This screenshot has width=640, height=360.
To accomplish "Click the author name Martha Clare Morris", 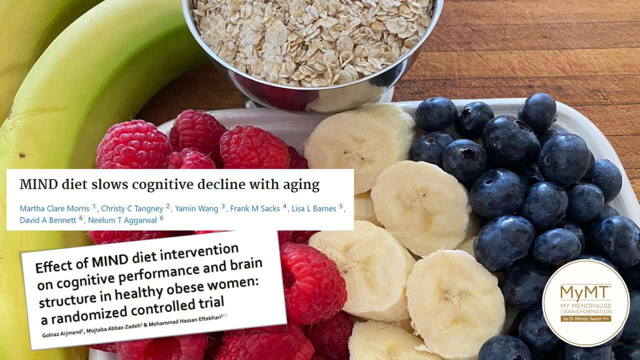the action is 54,209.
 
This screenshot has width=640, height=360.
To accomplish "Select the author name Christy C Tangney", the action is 132,209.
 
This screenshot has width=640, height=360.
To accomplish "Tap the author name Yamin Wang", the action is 196,209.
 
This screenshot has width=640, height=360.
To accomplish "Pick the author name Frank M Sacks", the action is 255,209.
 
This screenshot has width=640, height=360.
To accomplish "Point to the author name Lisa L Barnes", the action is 313,209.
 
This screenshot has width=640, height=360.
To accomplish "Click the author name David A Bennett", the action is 48,220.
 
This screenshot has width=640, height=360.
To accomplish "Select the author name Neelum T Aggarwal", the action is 122,220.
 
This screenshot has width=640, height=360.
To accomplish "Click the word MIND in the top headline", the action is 39,184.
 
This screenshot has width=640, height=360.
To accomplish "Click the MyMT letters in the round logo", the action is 585,292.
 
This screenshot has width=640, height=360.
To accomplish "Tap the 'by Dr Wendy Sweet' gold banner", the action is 585,318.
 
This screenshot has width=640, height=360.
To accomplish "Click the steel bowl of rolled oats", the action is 311,51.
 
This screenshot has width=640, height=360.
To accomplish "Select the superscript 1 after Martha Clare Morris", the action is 94,206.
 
